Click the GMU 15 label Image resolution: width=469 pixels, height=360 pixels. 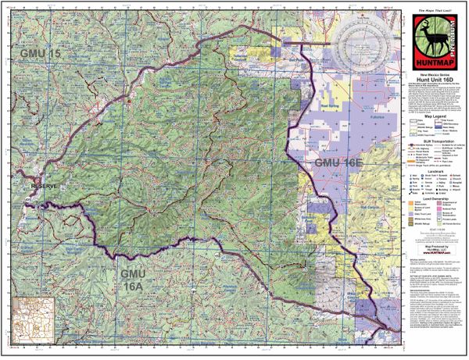[38, 53]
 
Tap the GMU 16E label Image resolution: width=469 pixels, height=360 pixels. [338, 162]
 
